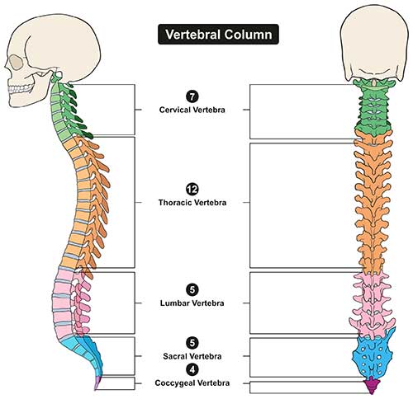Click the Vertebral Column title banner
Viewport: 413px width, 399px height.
pos(218,35)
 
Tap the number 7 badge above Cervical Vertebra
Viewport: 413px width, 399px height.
pos(192,96)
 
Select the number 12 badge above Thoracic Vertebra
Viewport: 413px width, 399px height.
pos(192,190)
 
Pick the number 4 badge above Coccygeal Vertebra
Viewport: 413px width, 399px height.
pos(192,369)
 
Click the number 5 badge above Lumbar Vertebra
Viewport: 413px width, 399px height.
pos(192,289)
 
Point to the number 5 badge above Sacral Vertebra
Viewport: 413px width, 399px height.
pos(192,343)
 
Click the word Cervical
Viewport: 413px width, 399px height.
pos(175,110)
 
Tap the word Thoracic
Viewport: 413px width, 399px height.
pos(175,203)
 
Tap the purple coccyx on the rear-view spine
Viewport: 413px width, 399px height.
pos(372,386)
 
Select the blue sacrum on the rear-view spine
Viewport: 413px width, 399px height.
pos(373,354)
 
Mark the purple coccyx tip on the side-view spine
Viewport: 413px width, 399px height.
pos(97,383)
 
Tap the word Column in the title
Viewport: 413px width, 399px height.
pos(248,35)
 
